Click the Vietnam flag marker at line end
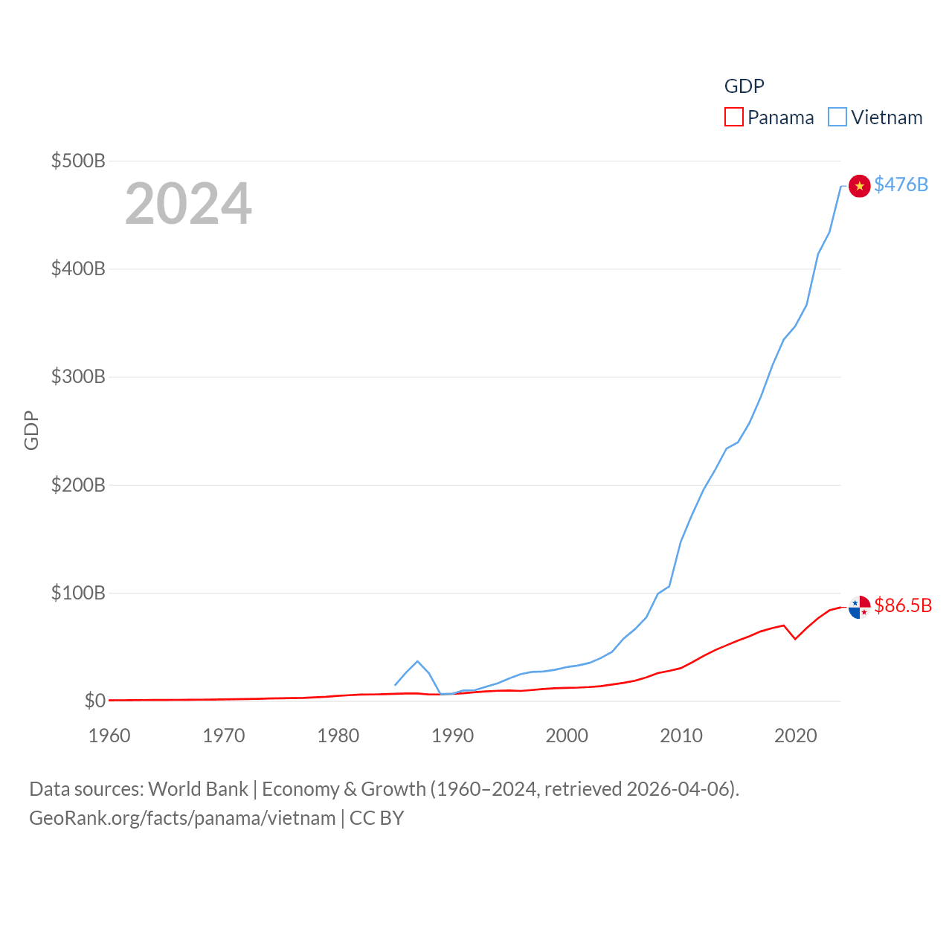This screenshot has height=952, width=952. [859, 186]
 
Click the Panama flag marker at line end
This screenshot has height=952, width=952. [859, 608]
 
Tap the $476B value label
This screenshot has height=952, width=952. [901, 184]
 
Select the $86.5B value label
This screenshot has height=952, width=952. [903, 605]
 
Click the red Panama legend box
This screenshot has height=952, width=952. [734, 118]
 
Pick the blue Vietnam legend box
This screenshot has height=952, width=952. [837, 118]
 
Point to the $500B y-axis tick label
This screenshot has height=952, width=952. [78, 161]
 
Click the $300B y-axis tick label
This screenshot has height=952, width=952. [78, 376]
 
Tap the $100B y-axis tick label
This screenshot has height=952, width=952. [78, 593]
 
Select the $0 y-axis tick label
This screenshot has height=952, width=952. [94, 701]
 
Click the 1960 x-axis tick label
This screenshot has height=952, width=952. [109, 736]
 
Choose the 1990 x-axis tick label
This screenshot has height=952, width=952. [452, 736]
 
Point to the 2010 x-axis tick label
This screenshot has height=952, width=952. [681, 736]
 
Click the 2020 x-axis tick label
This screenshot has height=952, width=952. [796, 736]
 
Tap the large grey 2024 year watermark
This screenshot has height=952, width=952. [188, 204]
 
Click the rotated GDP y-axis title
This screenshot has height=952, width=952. [31, 430]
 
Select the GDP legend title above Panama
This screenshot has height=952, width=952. [744, 86]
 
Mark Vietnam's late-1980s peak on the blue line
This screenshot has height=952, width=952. [417, 661]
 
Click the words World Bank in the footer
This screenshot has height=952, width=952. [199, 788]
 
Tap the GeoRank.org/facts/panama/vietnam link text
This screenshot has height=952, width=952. [182, 818]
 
